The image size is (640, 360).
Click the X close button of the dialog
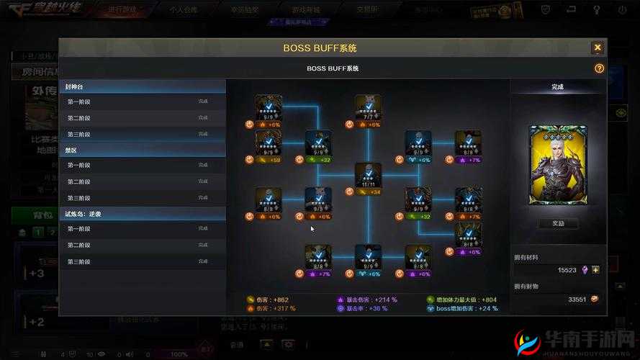597,48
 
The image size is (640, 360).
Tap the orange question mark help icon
599,68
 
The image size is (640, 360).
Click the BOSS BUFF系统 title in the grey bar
332,68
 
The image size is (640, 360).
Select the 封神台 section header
75,86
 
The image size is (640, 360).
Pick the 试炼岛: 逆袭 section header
84,214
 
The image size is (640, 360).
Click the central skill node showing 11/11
368,176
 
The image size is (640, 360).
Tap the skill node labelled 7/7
368,108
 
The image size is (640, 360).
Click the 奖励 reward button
557,223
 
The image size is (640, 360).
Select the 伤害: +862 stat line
271,300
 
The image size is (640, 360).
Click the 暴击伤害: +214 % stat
371,300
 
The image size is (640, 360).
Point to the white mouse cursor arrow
312,229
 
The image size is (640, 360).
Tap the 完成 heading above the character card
557,86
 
